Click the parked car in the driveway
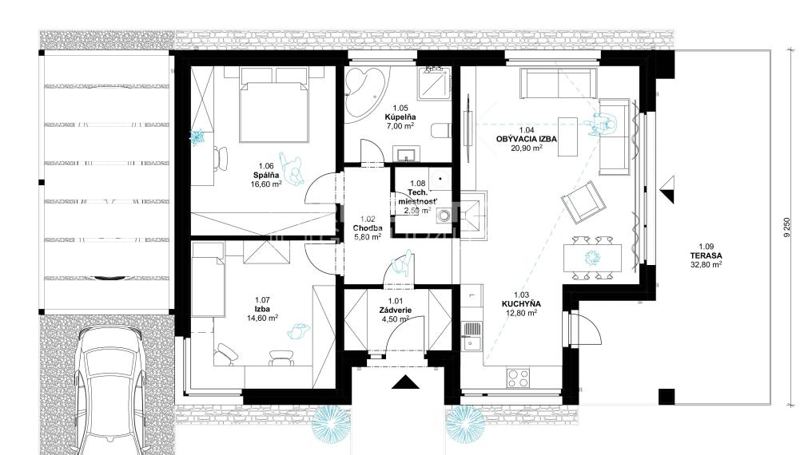(x=112, y=391)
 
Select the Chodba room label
(x=368, y=227)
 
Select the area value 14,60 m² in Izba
(x=261, y=317)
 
